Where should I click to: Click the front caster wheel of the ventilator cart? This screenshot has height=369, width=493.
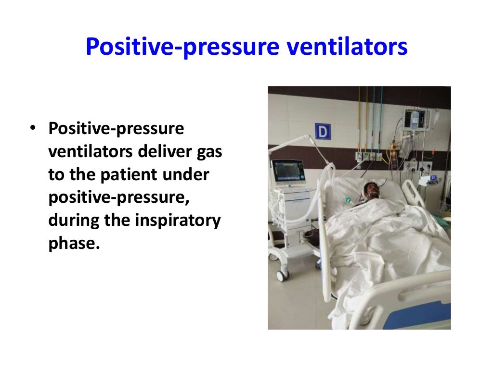pyautogui.click(x=282, y=275)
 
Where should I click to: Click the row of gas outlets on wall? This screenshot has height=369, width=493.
pyautogui.click(x=368, y=155)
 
